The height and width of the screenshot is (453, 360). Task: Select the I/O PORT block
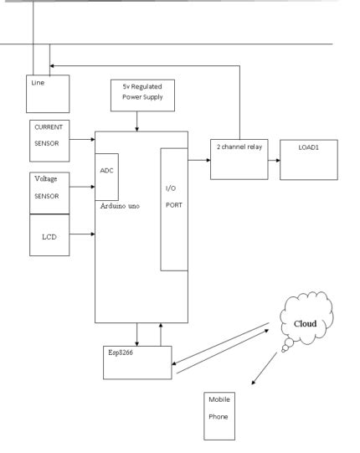point(172,209)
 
